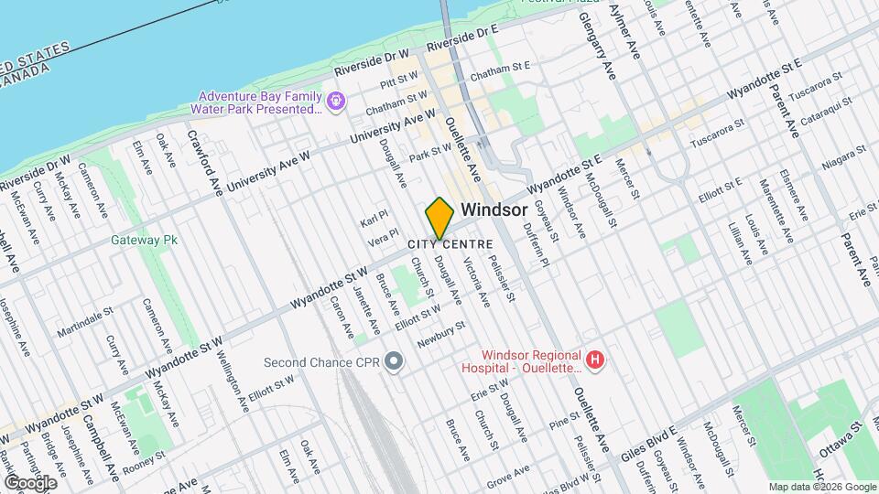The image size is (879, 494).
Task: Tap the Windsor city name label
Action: coord(494,209)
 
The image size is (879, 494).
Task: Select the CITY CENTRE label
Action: coord(450,244)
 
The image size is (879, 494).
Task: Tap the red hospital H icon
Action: coord(596,360)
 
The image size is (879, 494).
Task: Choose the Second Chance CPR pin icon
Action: coord(395,362)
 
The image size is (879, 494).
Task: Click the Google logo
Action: coord(30,482)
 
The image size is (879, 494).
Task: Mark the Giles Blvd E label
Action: coord(647,438)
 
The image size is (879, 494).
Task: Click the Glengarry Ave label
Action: coord(600,51)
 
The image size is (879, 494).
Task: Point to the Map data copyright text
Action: coord(821,487)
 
